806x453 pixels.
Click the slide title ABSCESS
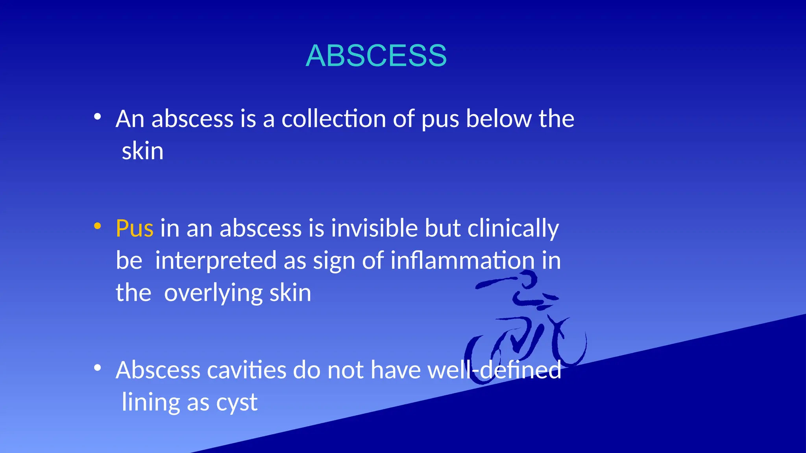376,55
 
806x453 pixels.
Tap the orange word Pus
134,228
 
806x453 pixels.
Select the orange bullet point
98,226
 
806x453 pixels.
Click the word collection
333,119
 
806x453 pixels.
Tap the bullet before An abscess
98,116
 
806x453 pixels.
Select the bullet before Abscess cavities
98,368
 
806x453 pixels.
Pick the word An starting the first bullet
130,119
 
